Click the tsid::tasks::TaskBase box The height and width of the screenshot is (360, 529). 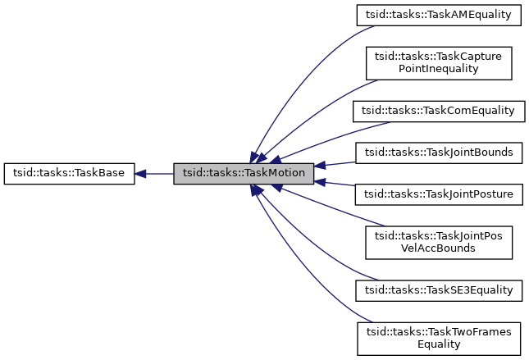point(70,174)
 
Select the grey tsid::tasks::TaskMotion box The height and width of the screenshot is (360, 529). point(244,174)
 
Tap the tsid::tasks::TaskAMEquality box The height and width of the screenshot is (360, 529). point(438,14)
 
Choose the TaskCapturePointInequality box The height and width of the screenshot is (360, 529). point(438,62)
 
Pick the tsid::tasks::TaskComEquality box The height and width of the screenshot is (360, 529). point(438,111)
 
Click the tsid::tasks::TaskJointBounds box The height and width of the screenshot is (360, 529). point(438,152)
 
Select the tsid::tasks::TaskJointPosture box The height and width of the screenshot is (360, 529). point(438,194)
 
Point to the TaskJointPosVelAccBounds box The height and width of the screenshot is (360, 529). point(438,242)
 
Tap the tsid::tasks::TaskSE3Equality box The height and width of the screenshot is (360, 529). point(438,290)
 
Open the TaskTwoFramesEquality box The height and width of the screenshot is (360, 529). point(438,339)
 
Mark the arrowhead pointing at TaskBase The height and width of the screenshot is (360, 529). point(141,174)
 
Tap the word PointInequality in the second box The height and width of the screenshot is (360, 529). point(438,69)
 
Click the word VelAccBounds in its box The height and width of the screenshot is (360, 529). point(438,248)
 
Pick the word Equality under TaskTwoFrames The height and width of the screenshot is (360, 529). point(438,345)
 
